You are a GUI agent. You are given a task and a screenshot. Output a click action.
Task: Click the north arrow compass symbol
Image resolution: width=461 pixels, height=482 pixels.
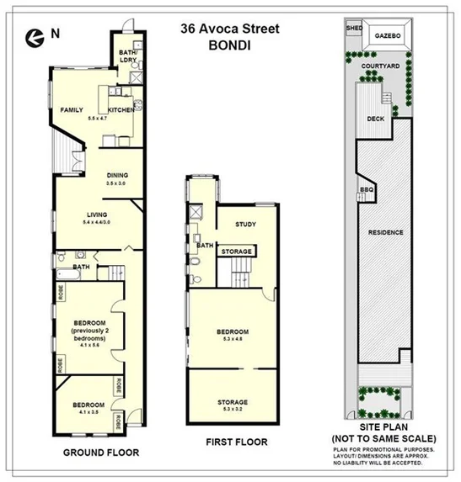click(x=34, y=35)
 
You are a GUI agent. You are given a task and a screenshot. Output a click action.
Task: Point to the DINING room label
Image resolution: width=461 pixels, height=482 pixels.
click(x=117, y=174)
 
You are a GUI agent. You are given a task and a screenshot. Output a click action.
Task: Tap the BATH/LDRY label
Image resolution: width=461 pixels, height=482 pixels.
click(x=127, y=56)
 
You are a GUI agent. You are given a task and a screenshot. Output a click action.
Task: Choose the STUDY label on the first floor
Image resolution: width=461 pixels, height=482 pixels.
click(x=245, y=224)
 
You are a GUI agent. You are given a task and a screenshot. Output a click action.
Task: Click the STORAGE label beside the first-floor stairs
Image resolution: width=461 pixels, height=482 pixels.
click(x=237, y=251)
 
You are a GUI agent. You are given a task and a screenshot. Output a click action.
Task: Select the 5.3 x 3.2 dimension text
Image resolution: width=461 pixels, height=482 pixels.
click(x=232, y=410)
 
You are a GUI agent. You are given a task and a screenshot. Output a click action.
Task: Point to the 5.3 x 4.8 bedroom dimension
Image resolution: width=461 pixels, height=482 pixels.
click(x=232, y=339)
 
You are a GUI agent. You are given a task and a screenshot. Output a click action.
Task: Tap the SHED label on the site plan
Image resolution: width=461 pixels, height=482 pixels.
click(x=353, y=28)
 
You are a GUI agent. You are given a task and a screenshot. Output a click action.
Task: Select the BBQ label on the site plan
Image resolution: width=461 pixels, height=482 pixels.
click(x=367, y=190)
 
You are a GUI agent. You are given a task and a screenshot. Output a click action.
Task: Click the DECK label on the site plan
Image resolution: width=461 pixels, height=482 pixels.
click(x=376, y=119)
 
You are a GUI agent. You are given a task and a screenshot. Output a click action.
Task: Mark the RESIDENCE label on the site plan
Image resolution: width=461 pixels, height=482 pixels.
click(x=384, y=232)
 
